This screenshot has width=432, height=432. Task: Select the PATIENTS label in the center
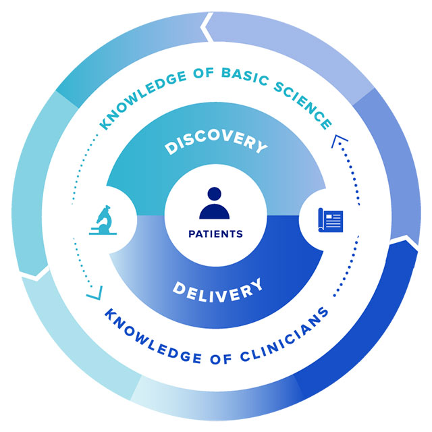pyautogui.click(x=215, y=234)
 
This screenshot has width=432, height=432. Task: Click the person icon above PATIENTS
pyautogui.click(x=215, y=202)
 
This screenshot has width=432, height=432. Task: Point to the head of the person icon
pyautogui.click(x=215, y=194)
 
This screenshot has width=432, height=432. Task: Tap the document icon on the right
pyautogui.click(x=331, y=219)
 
